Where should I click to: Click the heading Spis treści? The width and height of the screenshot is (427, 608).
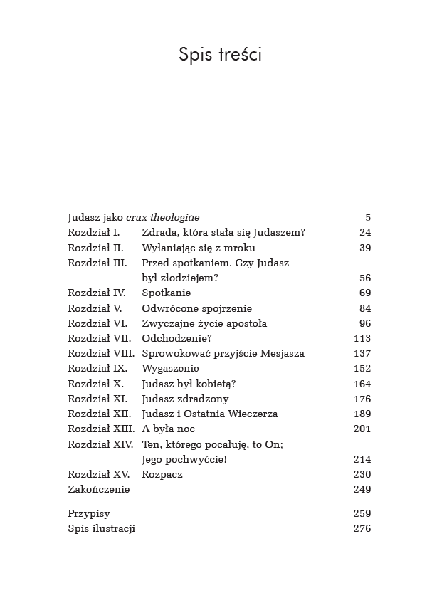(220, 55)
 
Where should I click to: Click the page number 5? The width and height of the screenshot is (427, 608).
(367, 218)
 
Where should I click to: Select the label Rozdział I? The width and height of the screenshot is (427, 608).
(93, 233)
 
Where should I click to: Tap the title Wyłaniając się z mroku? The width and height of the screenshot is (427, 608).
(199, 248)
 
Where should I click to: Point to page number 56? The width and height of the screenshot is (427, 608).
(365, 278)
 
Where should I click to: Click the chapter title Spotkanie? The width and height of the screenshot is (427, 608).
(167, 293)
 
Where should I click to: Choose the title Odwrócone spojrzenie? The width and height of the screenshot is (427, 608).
(196, 308)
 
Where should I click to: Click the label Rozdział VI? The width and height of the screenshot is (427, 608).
(97, 323)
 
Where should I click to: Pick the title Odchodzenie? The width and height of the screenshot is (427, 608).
(177, 338)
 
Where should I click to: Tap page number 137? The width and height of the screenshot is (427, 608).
(362, 353)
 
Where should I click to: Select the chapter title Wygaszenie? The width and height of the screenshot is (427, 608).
(171, 369)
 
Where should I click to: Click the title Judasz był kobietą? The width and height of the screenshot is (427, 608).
(189, 384)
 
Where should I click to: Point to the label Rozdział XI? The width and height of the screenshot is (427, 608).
(97, 399)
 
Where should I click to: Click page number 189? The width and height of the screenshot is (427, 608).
(362, 414)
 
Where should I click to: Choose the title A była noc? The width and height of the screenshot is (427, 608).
(169, 429)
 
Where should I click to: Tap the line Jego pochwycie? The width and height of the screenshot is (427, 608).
(185, 459)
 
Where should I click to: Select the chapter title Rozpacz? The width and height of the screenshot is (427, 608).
(162, 474)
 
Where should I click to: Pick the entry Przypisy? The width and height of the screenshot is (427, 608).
(89, 513)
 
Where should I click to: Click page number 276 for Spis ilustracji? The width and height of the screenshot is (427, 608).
(362, 528)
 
